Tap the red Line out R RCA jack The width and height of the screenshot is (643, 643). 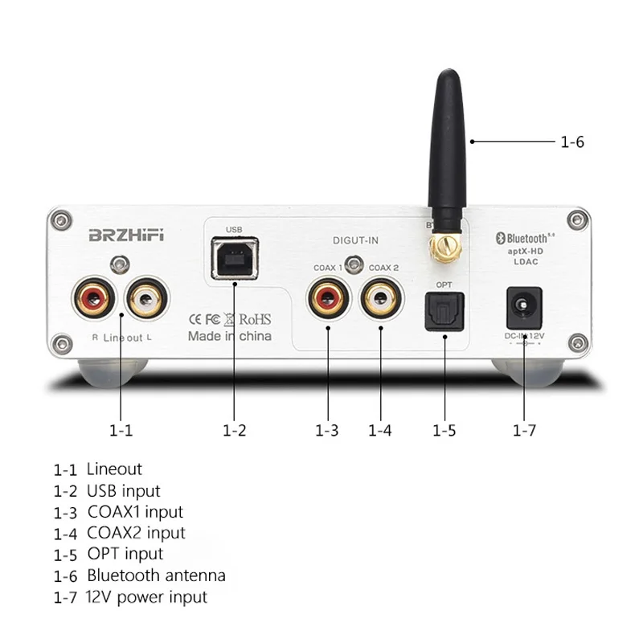click(94, 297)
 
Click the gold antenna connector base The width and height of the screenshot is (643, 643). click(444, 245)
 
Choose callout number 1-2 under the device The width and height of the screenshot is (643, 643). click(234, 430)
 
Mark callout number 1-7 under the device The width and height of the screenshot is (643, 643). click(523, 430)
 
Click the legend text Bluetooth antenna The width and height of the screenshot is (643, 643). click(156, 575)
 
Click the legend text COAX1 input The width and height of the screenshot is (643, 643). click(134, 511)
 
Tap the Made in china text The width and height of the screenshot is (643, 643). click(229, 336)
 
